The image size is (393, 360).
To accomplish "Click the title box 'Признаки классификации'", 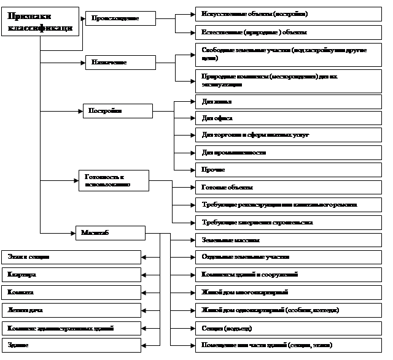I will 41,23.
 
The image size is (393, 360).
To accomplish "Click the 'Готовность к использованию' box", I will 113,180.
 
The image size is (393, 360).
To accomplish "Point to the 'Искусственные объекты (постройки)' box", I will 288,13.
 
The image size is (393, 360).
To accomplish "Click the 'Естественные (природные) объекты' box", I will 288,31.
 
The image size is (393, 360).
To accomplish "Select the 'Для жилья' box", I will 288,101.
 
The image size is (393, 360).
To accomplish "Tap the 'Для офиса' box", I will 288,117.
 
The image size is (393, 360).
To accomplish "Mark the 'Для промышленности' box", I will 288,151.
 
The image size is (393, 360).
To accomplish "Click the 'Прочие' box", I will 288,169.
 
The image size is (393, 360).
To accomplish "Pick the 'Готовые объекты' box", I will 288,187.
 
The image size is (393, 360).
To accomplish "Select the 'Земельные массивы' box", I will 288,240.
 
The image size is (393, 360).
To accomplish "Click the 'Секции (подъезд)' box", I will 288,328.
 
